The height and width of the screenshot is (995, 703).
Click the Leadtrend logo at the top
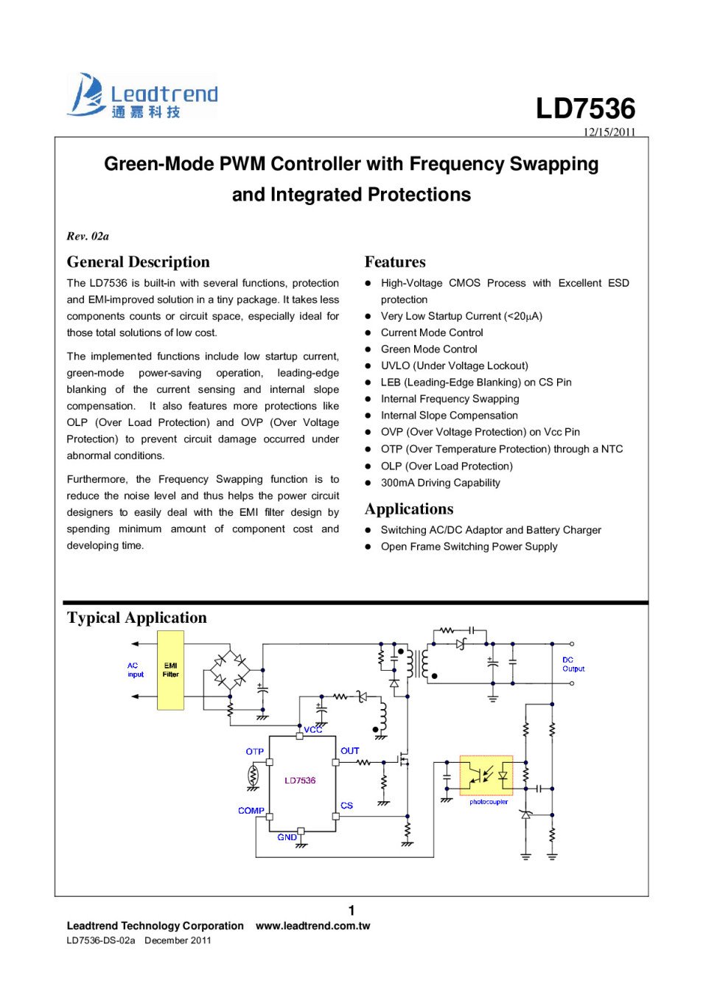click(142, 97)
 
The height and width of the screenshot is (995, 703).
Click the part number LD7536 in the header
click(585, 108)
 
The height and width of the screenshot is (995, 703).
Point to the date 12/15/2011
click(609, 132)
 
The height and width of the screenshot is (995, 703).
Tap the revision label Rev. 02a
click(88, 236)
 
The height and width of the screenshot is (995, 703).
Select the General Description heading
click(138, 262)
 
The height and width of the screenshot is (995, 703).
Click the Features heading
click(395, 262)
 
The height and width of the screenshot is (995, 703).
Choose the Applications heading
click(409, 509)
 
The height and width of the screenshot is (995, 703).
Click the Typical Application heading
click(137, 618)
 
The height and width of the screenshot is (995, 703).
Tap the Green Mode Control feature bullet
click(429, 349)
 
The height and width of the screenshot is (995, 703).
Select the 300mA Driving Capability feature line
click(440, 483)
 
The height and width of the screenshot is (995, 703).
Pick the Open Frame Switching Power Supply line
click(469, 547)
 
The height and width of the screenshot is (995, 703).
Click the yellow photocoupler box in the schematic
click(486, 775)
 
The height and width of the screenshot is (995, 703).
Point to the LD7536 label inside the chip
click(300, 781)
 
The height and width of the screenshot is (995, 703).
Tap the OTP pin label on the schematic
click(255, 752)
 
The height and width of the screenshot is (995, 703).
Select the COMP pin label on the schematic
click(251, 811)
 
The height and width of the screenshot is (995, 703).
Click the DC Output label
click(573, 665)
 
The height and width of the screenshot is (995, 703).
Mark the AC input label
click(136, 670)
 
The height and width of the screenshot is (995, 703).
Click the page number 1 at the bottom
click(351, 910)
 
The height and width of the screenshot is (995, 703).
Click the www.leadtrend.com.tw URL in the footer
click(312, 926)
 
